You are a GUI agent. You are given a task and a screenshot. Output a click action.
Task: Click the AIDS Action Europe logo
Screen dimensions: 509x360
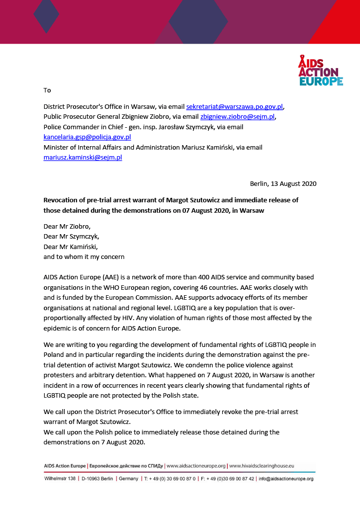320,71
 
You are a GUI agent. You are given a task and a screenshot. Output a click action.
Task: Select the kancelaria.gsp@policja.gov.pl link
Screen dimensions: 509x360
87,137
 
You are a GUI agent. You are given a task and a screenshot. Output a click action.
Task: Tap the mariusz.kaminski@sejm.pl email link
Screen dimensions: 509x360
83,157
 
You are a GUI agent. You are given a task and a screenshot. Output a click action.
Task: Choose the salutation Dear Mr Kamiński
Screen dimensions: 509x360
71,247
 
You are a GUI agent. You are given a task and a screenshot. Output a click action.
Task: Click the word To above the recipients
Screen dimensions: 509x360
47,90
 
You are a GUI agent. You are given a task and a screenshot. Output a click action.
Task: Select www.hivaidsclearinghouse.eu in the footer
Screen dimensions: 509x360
262,466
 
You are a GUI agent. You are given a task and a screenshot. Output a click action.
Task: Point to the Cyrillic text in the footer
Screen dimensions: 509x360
126,466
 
